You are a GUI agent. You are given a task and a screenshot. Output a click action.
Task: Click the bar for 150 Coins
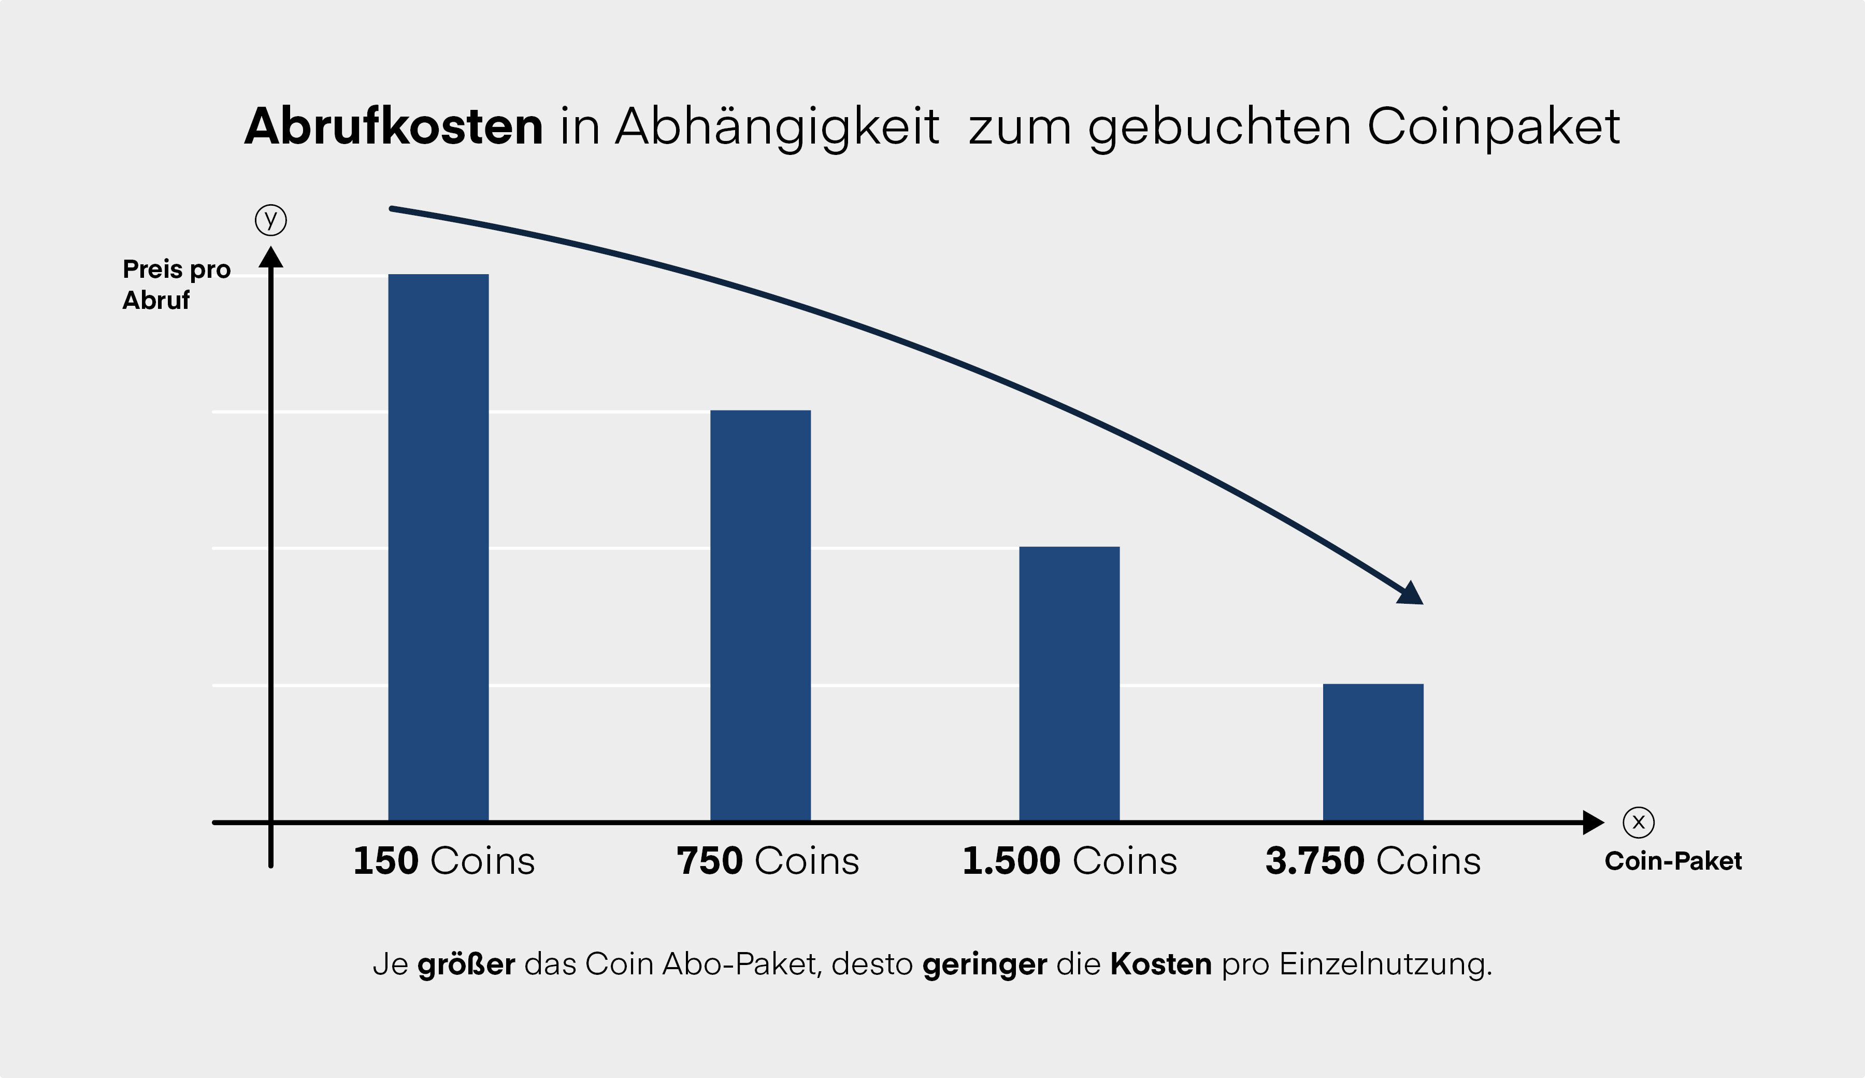click(x=438, y=547)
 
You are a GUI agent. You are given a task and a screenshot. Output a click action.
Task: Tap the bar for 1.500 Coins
click(x=1069, y=684)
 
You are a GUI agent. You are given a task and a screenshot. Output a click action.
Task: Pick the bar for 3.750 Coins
click(x=1373, y=751)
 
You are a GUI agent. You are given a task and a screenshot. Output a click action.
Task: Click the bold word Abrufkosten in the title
click(x=394, y=126)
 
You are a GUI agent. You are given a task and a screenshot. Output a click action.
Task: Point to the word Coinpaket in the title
click(x=1494, y=126)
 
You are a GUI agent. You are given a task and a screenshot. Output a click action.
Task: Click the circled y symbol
click(x=271, y=220)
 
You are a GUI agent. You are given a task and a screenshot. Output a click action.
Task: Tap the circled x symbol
click(x=1639, y=822)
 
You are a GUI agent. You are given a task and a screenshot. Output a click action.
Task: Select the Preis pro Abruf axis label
click(x=176, y=285)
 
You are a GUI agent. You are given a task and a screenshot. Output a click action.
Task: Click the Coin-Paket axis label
click(x=1673, y=861)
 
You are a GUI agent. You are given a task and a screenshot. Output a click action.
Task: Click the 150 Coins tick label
click(x=443, y=861)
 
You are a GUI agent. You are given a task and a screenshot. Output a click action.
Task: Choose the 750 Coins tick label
click(x=767, y=861)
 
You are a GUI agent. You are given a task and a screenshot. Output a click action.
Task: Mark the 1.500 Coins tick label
click(x=1069, y=861)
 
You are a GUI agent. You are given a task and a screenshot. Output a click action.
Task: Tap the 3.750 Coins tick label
click(x=1373, y=861)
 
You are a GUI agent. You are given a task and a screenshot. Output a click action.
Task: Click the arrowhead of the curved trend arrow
click(x=1411, y=594)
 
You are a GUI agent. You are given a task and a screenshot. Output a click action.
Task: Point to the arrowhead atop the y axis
click(x=271, y=258)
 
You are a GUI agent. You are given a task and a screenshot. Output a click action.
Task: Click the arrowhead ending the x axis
click(x=1593, y=822)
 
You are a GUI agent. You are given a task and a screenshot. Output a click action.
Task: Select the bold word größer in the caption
click(x=466, y=964)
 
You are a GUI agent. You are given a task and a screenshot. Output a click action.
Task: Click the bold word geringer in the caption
click(x=984, y=964)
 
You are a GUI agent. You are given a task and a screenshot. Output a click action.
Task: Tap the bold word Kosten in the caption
click(x=1160, y=964)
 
